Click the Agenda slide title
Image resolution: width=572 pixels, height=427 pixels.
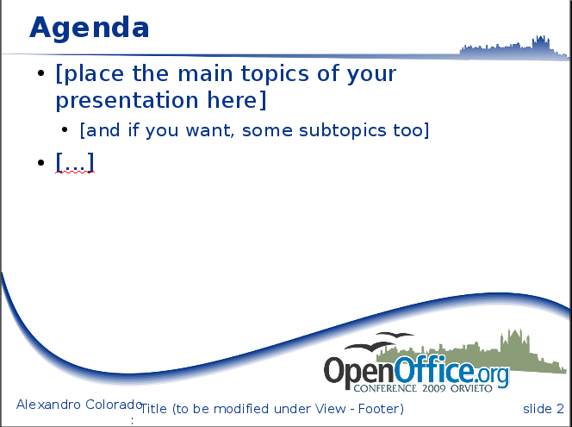point(89,28)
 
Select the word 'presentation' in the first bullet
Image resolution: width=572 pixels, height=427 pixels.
point(127,100)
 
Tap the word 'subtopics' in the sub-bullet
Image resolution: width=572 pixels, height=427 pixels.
point(342,130)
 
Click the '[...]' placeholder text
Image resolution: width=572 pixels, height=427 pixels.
point(75,162)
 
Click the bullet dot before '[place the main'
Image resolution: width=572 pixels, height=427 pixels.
point(40,73)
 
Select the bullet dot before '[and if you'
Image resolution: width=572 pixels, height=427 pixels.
point(65,129)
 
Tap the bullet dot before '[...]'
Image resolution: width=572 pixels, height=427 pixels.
point(40,162)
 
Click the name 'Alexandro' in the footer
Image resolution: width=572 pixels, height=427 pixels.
point(48,405)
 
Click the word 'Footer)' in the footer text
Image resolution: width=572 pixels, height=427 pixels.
point(381,409)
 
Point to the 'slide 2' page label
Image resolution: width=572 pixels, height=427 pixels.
point(544,409)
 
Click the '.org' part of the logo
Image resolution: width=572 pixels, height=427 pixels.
point(492,374)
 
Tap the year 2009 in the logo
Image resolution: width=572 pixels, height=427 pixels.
point(434,388)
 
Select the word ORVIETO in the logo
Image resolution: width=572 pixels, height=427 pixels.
point(471,388)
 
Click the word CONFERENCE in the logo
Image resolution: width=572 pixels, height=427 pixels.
point(385,388)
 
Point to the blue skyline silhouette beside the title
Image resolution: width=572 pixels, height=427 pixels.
point(514,48)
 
